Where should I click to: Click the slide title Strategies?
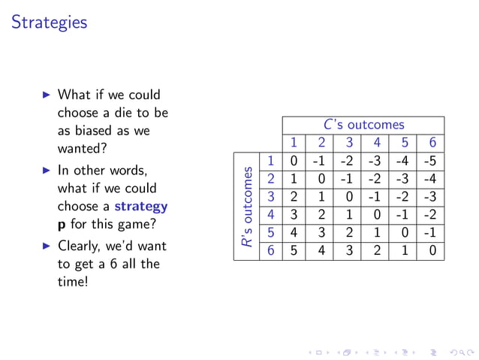(x=50, y=23)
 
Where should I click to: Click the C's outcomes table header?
(x=363, y=125)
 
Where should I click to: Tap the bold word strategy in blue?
(x=141, y=206)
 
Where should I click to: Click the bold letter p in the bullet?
(x=62, y=224)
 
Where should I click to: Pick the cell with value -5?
(x=432, y=161)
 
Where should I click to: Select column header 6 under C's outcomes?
(x=432, y=143)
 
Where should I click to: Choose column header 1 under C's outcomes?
(x=294, y=143)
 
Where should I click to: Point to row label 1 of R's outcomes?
(x=270, y=161)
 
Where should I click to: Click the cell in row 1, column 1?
(x=294, y=161)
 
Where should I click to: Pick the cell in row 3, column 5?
(x=405, y=197)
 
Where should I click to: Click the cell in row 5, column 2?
(x=321, y=233)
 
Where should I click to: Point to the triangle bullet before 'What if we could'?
(x=46, y=95)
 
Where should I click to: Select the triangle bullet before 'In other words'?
(x=46, y=171)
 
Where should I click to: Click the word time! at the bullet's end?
(x=73, y=282)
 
